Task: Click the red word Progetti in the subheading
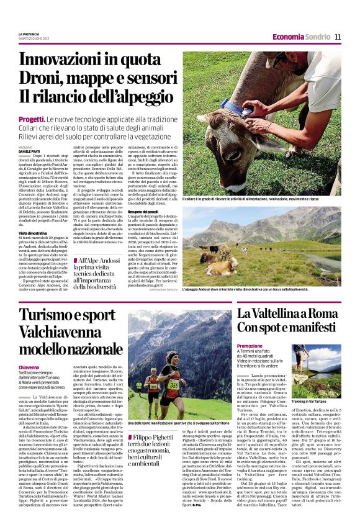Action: click(32, 118)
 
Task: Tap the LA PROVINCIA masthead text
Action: click(32, 34)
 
